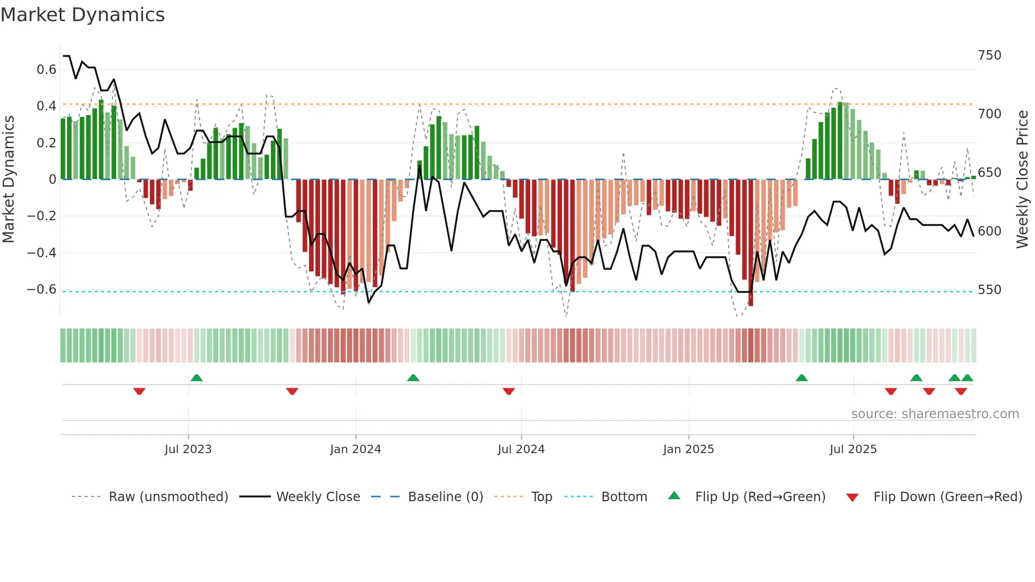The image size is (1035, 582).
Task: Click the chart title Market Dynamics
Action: [82, 15]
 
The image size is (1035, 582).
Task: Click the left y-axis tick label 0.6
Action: [46, 70]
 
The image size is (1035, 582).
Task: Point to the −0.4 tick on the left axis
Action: [42, 252]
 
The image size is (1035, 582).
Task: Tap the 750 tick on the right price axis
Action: [989, 55]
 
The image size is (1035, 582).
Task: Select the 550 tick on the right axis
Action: [989, 290]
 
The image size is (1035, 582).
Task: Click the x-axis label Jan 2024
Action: [355, 449]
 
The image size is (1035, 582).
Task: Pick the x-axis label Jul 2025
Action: [853, 449]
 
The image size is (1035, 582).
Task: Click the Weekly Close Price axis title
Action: [1022, 180]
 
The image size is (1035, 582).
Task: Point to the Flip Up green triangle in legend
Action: [674, 495]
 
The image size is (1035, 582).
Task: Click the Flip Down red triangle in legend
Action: [852, 497]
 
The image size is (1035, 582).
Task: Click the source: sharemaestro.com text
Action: [935, 414]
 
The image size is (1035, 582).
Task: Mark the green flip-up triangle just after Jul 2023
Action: [196, 378]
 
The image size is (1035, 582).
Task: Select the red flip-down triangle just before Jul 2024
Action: [509, 391]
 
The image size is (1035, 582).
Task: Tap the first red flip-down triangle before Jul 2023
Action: [139, 391]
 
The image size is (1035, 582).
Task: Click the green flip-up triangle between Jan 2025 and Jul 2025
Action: [802, 378]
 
